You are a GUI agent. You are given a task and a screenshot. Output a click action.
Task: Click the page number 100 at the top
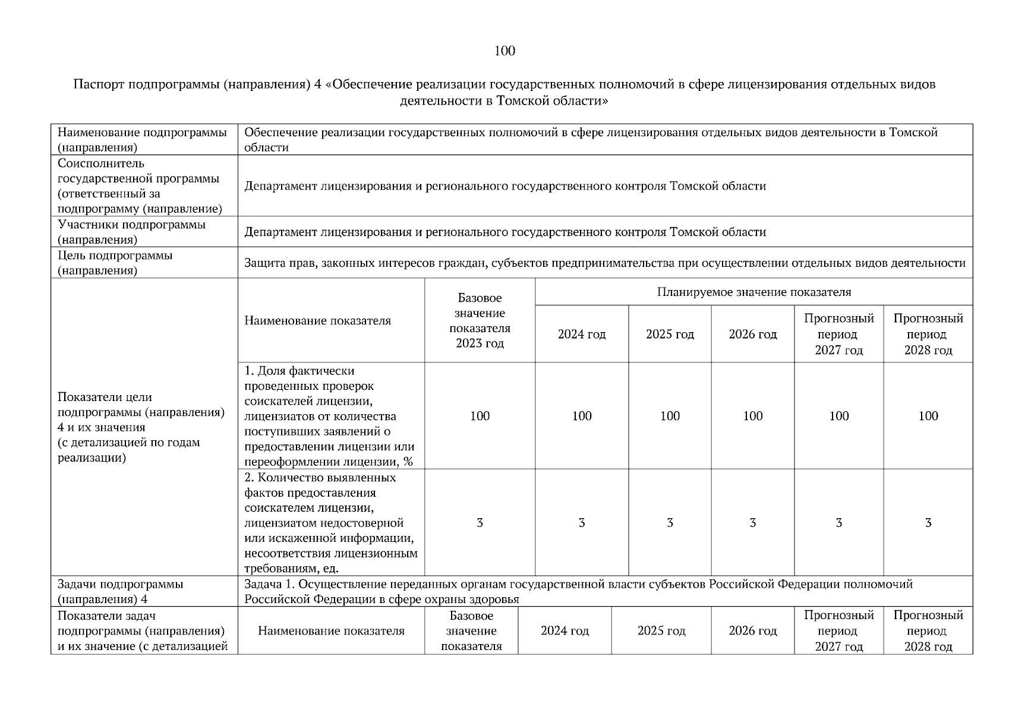pos(504,51)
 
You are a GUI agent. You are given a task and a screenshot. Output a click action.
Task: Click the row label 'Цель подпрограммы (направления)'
pos(115,263)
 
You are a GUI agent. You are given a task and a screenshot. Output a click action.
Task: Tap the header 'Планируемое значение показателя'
pos(753,292)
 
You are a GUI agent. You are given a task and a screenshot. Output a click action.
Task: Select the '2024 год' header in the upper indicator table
pos(581,335)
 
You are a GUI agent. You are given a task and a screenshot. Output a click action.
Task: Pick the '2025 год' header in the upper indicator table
pos(670,335)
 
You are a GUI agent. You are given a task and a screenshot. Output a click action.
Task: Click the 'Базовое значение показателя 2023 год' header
pos(480,320)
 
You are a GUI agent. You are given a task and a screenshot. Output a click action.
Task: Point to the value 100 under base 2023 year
pos(480,416)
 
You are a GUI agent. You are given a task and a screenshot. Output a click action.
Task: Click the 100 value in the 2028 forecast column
pos(928,416)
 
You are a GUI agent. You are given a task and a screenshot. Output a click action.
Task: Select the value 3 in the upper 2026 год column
pos(752,523)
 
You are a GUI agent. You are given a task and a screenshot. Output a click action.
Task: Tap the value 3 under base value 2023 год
pos(480,523)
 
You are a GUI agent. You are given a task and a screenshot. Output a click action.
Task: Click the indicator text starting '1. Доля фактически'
pos(330,416)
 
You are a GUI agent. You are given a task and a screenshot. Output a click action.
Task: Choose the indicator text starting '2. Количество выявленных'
pos(330,523)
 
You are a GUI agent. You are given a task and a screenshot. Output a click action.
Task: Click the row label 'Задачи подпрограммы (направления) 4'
pos(120,591)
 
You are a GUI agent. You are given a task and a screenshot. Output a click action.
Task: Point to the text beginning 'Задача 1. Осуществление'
pos(578,591)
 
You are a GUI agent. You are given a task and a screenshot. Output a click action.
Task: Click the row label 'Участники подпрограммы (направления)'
pos(131,232)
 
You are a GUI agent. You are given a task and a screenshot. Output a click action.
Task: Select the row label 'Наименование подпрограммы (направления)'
pos(142,140)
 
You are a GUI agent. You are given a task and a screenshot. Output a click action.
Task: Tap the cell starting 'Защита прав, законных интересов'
pos(604,263)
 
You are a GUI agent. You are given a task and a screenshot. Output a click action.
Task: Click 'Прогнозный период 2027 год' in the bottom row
pos(838,631)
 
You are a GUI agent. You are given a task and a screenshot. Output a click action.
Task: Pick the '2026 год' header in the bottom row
pos(752,631)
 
